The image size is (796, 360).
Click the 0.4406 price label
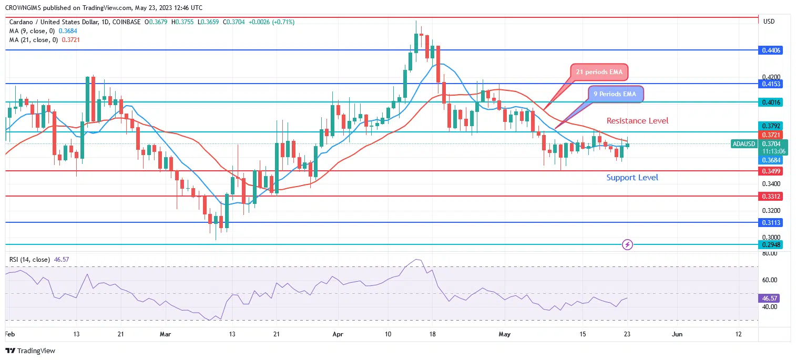click(771, 50)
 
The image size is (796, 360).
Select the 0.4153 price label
click(771, 84)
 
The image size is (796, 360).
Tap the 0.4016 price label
click(771, 102)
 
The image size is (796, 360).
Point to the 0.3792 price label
click(771, 126)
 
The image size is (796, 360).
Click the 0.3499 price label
click(771, 171)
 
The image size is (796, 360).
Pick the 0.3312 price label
click(771, 196)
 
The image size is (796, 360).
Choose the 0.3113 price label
click(771, 222)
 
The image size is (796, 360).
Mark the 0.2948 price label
click(771, 244)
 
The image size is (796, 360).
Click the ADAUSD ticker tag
click(744, 143)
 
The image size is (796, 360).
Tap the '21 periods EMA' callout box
click(599, 73)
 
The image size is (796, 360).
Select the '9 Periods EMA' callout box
click(615, 94)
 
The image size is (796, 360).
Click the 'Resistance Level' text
click(637, 121)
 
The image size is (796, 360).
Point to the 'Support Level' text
click(632, 178)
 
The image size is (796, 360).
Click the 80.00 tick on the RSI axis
click(770, 253)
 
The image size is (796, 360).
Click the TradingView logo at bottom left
click(30, 351)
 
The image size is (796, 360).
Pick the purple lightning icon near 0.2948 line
click(627, 244)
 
